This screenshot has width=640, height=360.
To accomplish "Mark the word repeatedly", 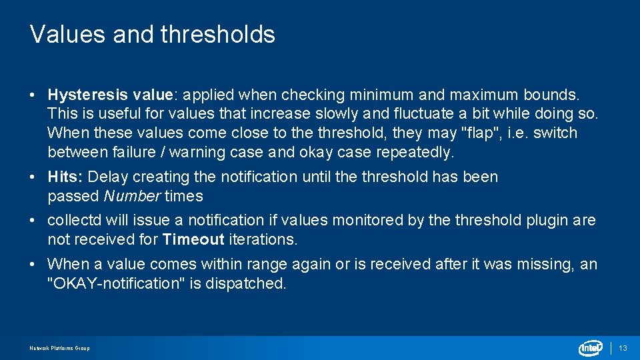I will click(415, 152).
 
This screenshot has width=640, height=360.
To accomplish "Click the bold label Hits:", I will click(65, 177).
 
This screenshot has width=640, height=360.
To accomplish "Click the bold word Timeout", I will click(193, 239).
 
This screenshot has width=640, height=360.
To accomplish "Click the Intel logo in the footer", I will click(591, 348).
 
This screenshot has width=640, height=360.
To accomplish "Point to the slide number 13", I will click(623, 348).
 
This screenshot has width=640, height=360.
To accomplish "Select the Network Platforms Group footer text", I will click(59, 348).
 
